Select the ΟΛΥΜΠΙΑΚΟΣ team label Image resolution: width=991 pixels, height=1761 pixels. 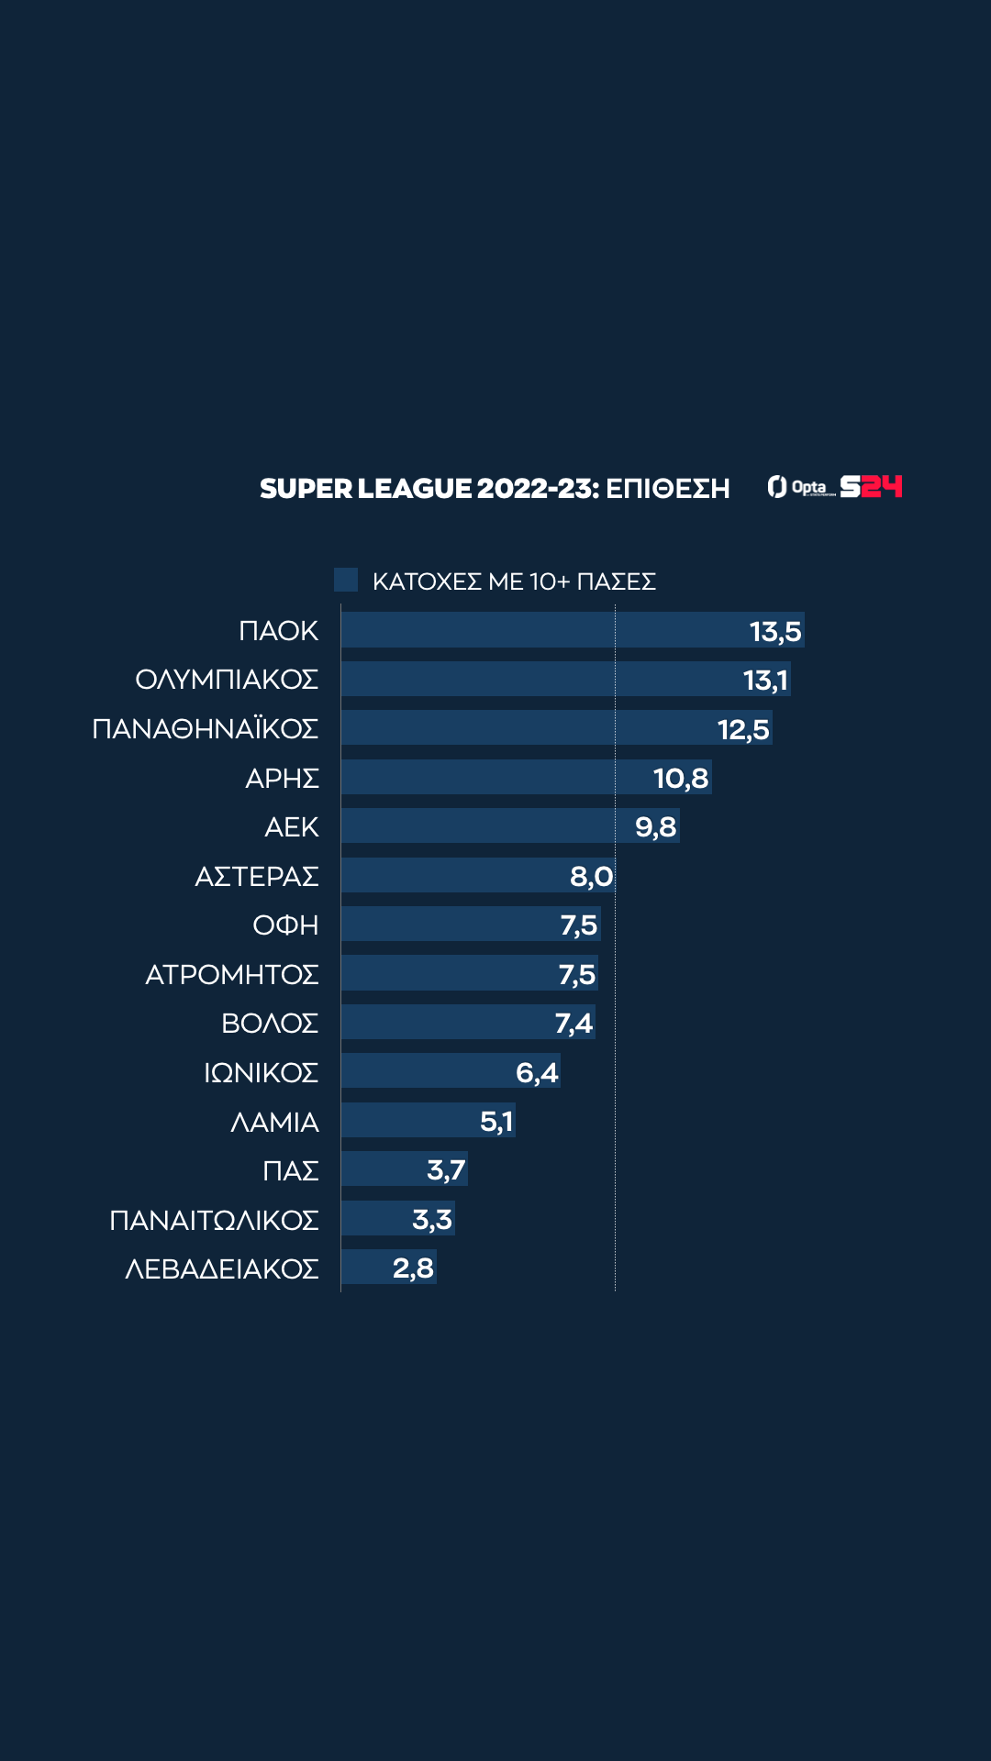pos(227,680)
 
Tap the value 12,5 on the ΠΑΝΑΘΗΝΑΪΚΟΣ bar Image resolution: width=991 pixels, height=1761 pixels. pos(743,729)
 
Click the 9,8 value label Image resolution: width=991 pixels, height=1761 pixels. pos(655,827)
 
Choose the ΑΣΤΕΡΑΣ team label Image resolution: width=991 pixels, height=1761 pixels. pos(257,877)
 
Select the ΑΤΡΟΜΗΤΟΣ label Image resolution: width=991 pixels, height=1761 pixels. pos(232,974)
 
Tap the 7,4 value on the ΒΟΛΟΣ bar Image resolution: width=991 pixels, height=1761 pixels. pos(573,1023)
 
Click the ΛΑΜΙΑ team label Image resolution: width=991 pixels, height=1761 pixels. pos(274,1122)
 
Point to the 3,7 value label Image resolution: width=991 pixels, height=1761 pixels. pos(446,1170)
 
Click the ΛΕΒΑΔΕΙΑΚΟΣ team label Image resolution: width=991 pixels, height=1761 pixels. pos(222,1268)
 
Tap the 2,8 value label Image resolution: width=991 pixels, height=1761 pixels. pos(413,1268)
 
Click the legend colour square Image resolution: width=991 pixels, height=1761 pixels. pos(346,580)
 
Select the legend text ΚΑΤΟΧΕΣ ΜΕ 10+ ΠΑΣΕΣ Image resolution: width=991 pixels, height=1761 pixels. pos(514,581)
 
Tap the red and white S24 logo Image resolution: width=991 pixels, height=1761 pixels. pos(872,486)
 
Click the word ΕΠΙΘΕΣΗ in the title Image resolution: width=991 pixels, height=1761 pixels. pos(668,489)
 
